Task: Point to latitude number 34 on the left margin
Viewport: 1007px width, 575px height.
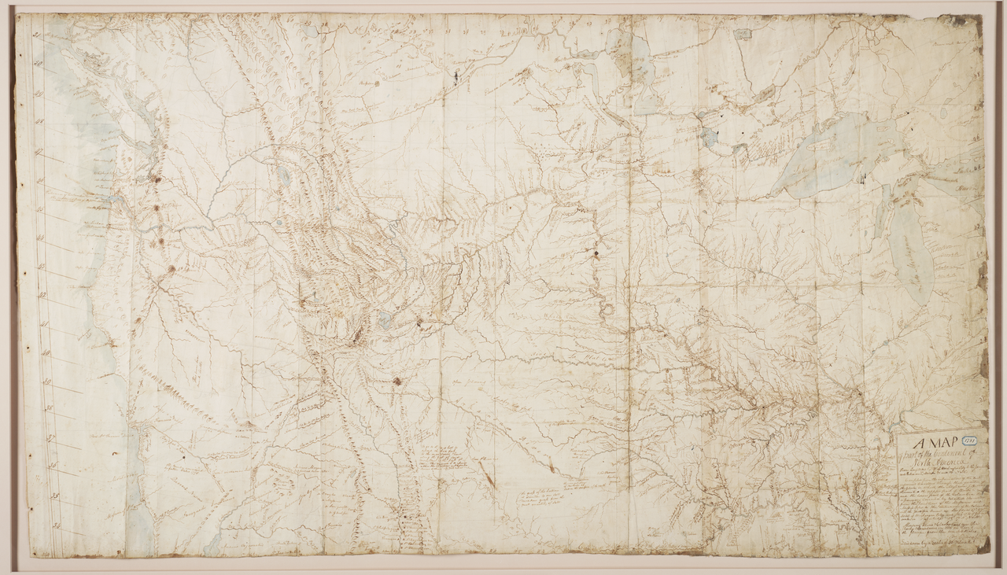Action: coord(57,522)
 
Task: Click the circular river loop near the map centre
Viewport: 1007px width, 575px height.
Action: coord(607,309)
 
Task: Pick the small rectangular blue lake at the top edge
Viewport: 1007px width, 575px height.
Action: coord(743,34)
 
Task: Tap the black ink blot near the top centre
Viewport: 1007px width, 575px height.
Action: coord(456,76)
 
